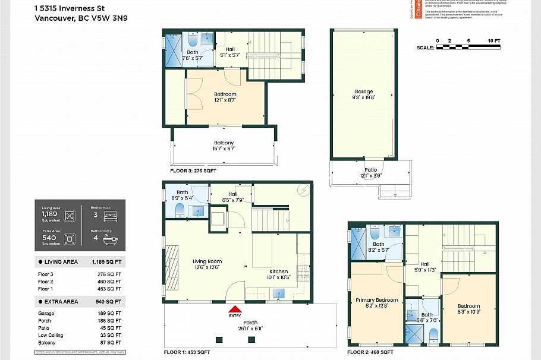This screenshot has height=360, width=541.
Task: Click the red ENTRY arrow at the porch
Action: (x=236, y=309)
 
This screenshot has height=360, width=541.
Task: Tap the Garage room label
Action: (x=363, y=91)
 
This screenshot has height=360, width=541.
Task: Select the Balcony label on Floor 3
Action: (x=224, y=143)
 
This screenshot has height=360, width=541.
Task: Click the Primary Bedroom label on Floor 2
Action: (x=376, y=300)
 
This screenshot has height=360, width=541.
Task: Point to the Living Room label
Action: (x=207, y=261)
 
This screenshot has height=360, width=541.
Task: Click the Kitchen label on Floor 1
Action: (x=278, y=271)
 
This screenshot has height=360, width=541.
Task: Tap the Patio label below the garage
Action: (x=370, y=170)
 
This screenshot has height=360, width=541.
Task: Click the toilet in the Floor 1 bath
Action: (x=180, y=209)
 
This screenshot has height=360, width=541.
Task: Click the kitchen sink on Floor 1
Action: (x=278, y=293)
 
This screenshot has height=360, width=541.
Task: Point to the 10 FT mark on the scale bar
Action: (x=493, y=40)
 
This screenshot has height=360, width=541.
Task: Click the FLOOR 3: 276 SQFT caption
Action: (x=193, y=170)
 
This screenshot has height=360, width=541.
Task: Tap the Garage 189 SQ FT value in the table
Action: (x=111, y=313)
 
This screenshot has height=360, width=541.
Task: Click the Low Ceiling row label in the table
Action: (x=51, y=336)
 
